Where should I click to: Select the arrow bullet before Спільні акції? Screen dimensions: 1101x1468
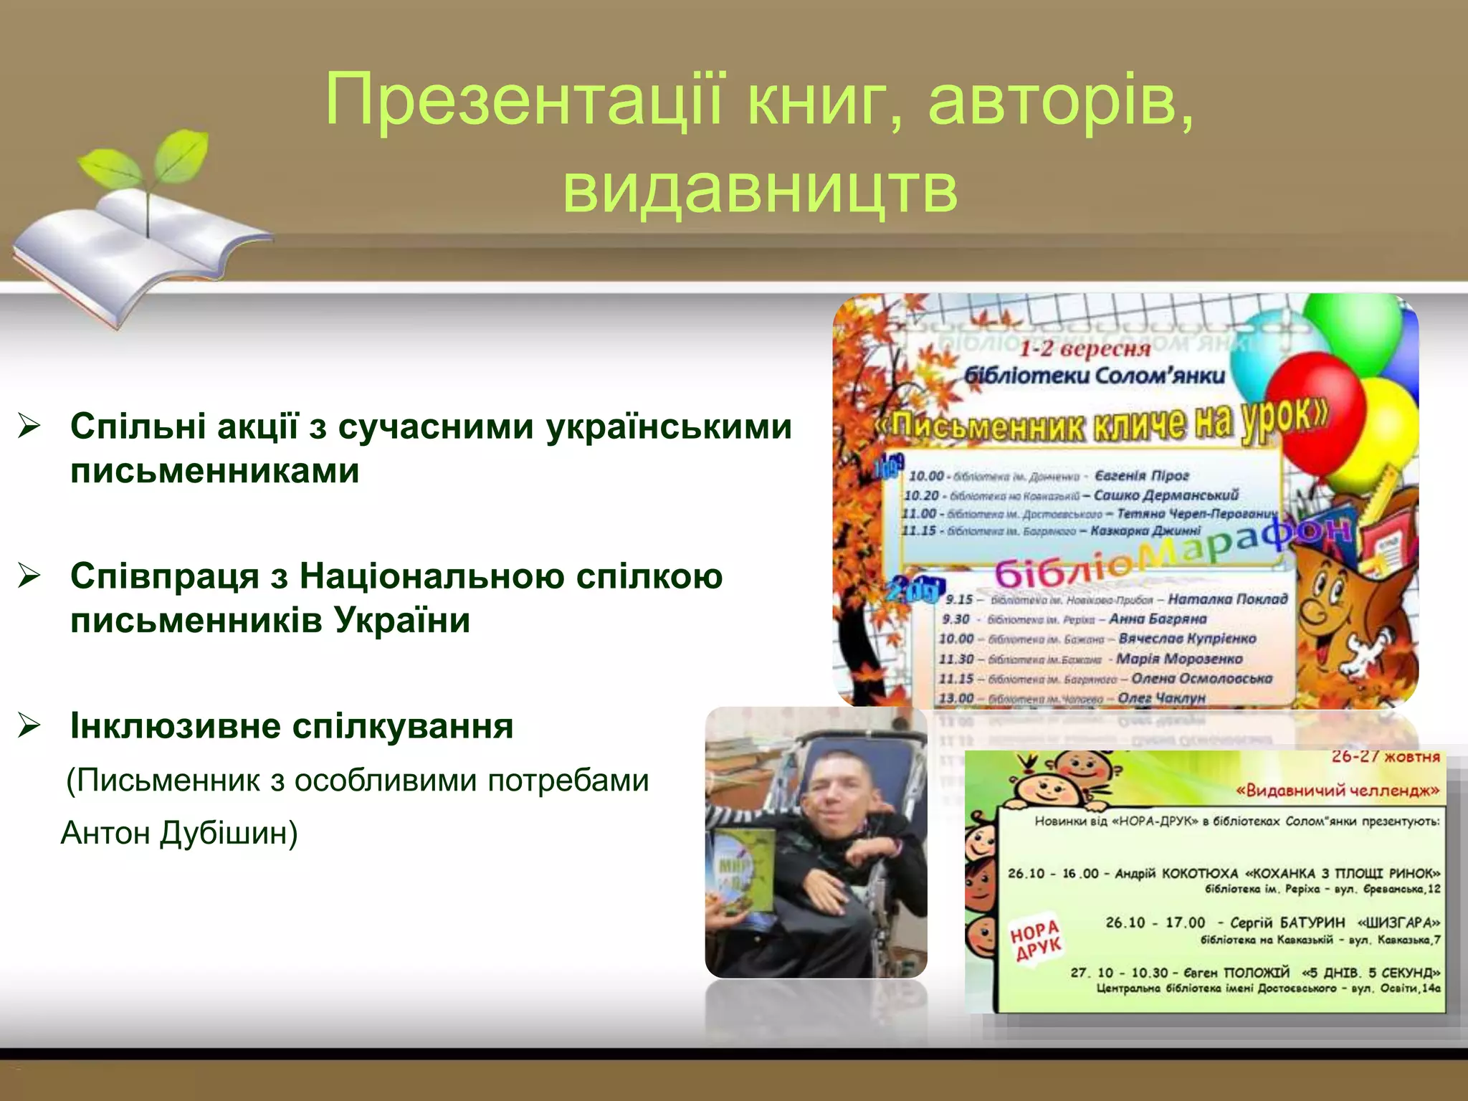point(29,427)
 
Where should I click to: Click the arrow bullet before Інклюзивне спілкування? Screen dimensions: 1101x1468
point(29,725)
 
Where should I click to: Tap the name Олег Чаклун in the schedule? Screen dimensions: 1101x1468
point(1161,697)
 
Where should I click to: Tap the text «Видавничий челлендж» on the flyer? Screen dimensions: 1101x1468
point(1338,791)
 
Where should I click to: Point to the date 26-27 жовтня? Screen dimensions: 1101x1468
point(1385,757)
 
